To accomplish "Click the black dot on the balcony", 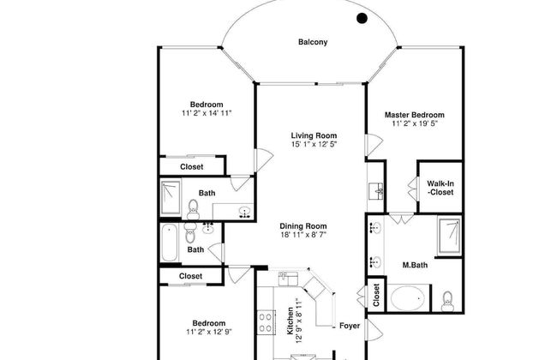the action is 362,18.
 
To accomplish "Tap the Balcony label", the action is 313,42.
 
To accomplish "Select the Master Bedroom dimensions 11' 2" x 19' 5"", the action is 415,123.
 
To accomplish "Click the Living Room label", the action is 314,135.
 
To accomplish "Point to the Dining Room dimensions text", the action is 303,235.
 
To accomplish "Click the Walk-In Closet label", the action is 440,188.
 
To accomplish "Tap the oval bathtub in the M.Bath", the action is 408,298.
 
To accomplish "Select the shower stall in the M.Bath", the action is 450,236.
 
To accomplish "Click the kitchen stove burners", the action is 266,322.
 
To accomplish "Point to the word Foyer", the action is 350,326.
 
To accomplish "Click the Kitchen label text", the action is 290,321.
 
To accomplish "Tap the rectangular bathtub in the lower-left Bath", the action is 169,243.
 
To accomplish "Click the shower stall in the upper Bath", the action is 171,198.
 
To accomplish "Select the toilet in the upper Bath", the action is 193,210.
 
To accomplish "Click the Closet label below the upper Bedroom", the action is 191,166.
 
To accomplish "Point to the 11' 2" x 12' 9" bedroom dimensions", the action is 209,332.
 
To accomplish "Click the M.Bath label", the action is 415,265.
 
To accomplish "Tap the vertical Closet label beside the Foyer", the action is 376,295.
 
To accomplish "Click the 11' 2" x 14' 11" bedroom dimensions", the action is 207,113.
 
